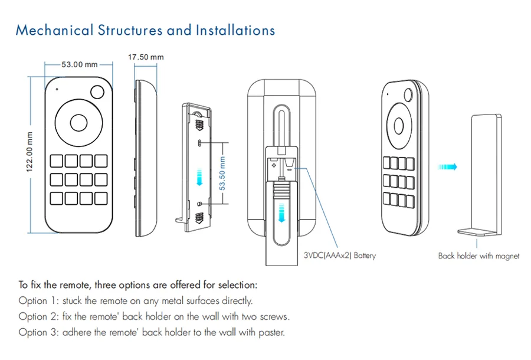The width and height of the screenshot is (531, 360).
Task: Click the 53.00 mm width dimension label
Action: (79, 64)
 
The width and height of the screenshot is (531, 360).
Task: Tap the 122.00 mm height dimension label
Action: (30, 152)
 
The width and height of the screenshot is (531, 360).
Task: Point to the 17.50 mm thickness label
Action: (146, 57)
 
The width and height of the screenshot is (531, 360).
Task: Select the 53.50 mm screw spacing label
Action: (222, 173)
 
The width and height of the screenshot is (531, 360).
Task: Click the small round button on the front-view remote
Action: (97, 92)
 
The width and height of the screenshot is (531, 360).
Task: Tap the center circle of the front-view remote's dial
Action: (78, 123)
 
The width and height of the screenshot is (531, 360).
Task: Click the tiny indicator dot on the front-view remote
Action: (57, 89)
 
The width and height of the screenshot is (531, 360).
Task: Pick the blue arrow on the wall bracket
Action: (199, 177)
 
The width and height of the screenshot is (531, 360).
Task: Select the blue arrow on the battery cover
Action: (281, 212)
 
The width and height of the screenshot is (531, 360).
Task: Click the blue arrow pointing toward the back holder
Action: (448, 166)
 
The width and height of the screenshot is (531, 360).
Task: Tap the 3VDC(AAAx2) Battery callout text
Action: (340, 256)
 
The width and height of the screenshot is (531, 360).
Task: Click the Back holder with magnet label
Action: (479, 256)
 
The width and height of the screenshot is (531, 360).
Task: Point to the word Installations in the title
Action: (235, 30)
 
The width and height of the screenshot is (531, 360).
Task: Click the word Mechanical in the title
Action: (54, 30)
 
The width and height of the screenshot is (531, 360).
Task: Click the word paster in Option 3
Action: (271, 333)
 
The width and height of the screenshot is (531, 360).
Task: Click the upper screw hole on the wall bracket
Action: (200, 143)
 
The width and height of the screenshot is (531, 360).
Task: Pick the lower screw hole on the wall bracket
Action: (200, 204)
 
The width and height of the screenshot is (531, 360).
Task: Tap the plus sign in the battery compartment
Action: (274, 165)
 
